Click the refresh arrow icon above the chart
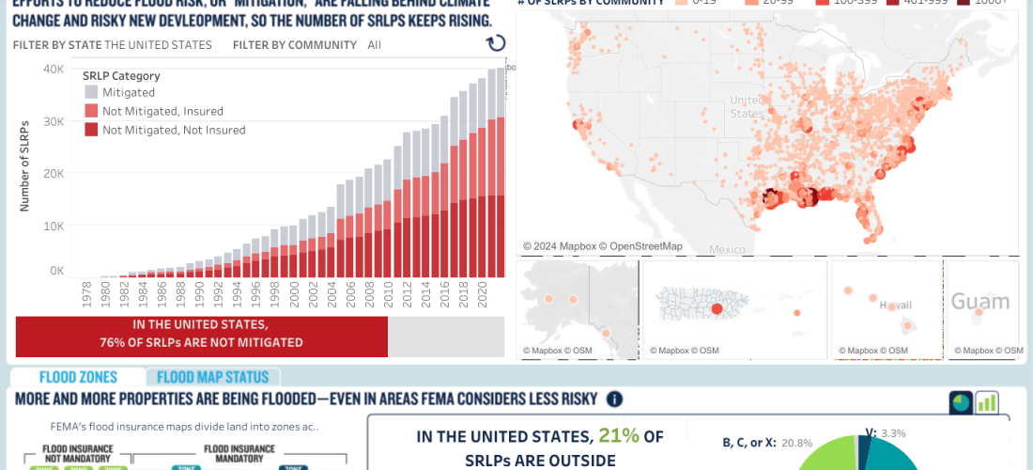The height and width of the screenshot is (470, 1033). pyautogui.click(x=496, y=43)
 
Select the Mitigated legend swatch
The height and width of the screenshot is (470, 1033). pyautogui.click(x=91, y=92)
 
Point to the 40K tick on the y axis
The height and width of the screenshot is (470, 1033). pyautogui.click(x=54, y=69)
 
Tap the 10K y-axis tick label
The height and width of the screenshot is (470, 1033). pyautogui.click(x=54, y=226)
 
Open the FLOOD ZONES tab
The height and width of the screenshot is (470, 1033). pyautogui.click(x=78, y=377)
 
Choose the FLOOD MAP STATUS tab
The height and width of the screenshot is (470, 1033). pyautogui.click(x=212, y=377)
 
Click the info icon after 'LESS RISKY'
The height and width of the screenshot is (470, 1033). pyautogui.click(x=614, y=399)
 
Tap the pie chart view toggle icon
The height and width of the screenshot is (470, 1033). pyautogui.click(x=961, y=402)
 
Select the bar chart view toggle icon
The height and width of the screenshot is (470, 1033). pyautogui.click(x=986, y=402)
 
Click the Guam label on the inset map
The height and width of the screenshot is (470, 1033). pyautogui.click(x=980, y=302)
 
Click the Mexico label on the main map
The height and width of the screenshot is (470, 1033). pyautogui.click(x=727, y=249)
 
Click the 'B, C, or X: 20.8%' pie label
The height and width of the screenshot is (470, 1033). pyautogui.click(x=755, y=442)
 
